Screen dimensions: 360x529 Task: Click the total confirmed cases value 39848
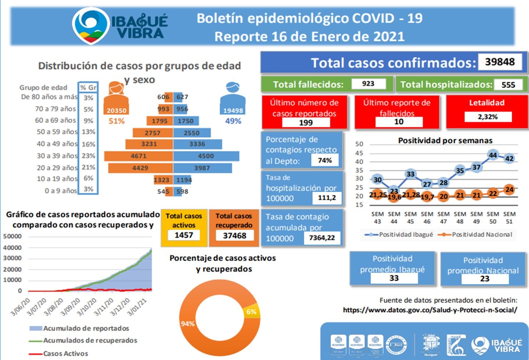[500, 62]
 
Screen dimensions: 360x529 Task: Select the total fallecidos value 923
[368, 84]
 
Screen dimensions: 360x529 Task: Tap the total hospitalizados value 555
[508, 85]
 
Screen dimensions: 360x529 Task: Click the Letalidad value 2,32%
[487, 117]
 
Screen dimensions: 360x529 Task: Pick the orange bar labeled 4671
[138, 156]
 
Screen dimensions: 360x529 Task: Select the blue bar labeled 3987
[202, 168]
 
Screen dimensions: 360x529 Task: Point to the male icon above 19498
[233, 93]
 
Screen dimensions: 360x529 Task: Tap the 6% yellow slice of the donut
[252, 311]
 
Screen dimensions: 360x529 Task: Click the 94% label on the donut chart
[187, 324]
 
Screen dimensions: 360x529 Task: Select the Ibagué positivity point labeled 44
[493, 155]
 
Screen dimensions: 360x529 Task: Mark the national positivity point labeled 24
[509, 190]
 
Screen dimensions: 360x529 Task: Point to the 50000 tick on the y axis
[12, 236]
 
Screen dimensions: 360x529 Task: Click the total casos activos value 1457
[184, 235]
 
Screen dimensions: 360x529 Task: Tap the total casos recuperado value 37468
[234, 235]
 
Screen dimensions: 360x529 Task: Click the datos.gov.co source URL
[430, 310]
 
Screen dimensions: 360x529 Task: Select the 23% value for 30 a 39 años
[88, 156]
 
